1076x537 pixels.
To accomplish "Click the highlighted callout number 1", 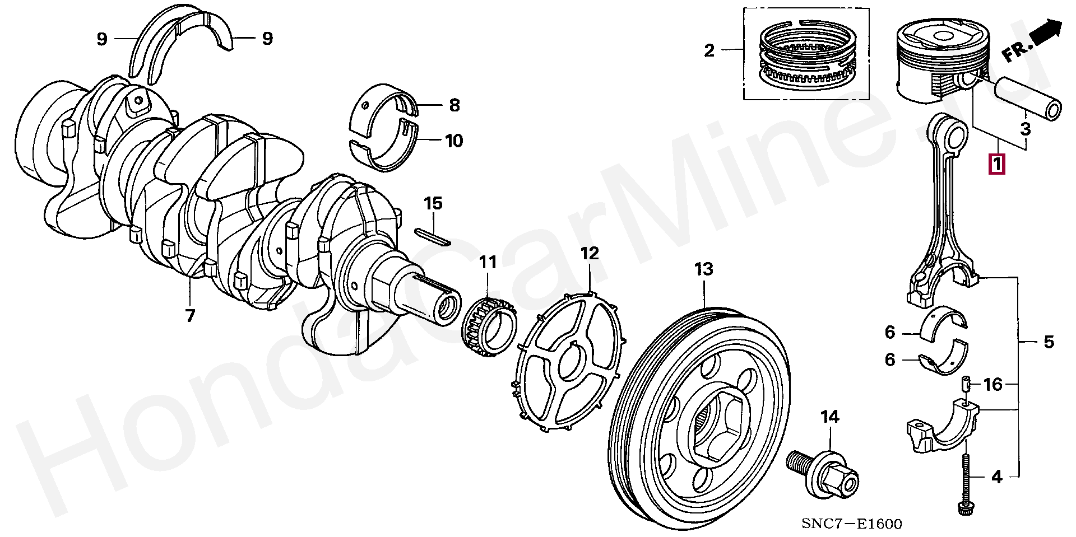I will click(x=997, y=165).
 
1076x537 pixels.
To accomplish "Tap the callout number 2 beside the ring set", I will click(x=709, y=51).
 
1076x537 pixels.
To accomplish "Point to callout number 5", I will click(x=1049, y=342).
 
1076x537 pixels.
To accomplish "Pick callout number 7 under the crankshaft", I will click(x=190, y=316).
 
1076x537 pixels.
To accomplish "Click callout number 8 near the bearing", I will click(x=454, y=105).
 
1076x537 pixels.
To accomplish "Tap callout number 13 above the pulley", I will click(x=704, y=270).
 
